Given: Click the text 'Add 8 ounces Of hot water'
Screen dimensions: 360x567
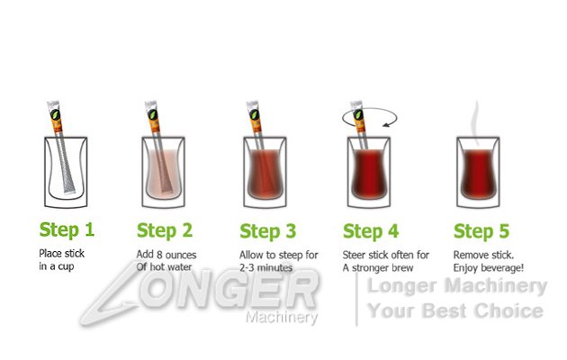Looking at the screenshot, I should coord(166,260).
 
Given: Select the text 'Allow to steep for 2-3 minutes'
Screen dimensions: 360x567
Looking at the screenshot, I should coord(278,260).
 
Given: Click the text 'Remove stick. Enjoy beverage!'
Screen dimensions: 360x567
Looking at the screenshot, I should coord(486,260).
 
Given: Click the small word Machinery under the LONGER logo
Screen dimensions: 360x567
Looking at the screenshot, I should coord(280,318).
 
